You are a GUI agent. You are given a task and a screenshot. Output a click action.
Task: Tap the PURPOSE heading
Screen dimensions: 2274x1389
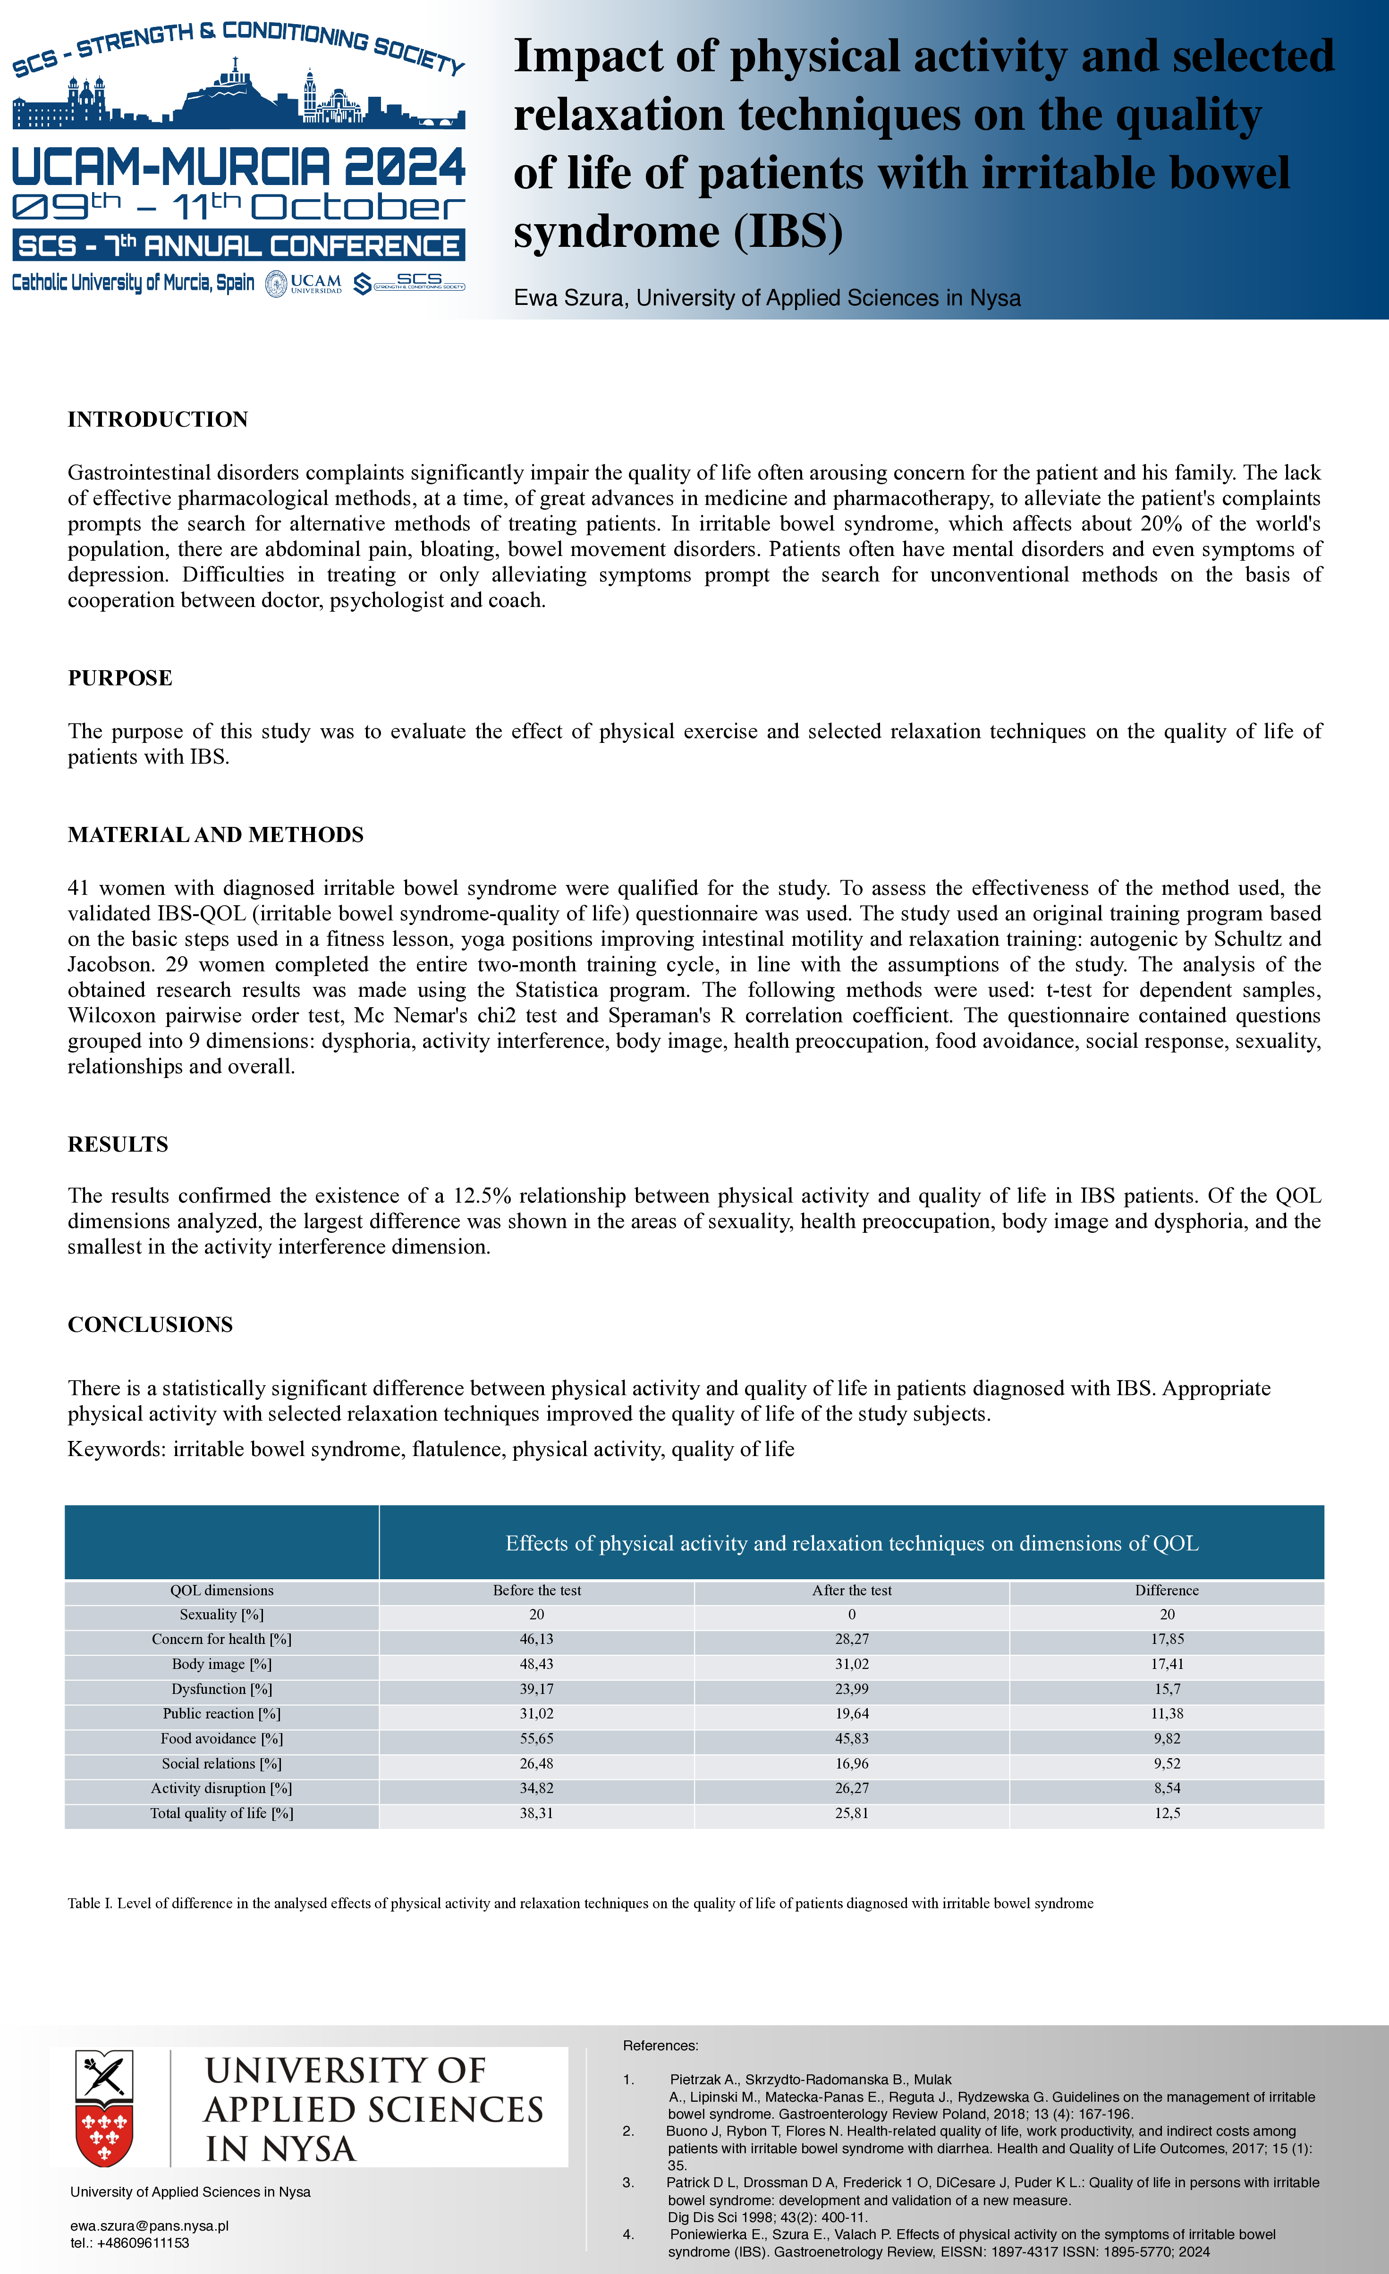click(x=120, y=678)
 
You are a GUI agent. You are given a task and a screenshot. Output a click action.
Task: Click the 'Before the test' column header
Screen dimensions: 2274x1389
click(x=536, y=1590)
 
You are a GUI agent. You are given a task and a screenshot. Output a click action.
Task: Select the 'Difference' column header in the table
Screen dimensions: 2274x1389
click(x=1167, y=1590)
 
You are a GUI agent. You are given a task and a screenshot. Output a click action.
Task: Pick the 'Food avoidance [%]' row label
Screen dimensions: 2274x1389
click(x=221, y=1739)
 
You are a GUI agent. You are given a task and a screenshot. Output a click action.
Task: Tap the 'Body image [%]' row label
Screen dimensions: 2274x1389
click(x=221, y=1664)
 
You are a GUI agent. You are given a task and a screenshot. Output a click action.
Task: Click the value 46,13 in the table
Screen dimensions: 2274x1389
click(x=536, y=1639)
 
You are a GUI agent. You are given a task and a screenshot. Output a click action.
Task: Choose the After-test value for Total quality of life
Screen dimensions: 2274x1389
click(x=852, y=1813)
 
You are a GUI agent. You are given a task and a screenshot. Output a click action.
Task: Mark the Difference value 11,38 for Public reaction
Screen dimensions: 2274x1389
click(x=1167, y=1714)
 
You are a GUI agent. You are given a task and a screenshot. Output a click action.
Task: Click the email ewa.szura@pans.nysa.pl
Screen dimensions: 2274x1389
click(x=150, y=2226)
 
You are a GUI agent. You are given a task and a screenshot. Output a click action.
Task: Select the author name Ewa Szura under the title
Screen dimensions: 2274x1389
click(x=570, y=298)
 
